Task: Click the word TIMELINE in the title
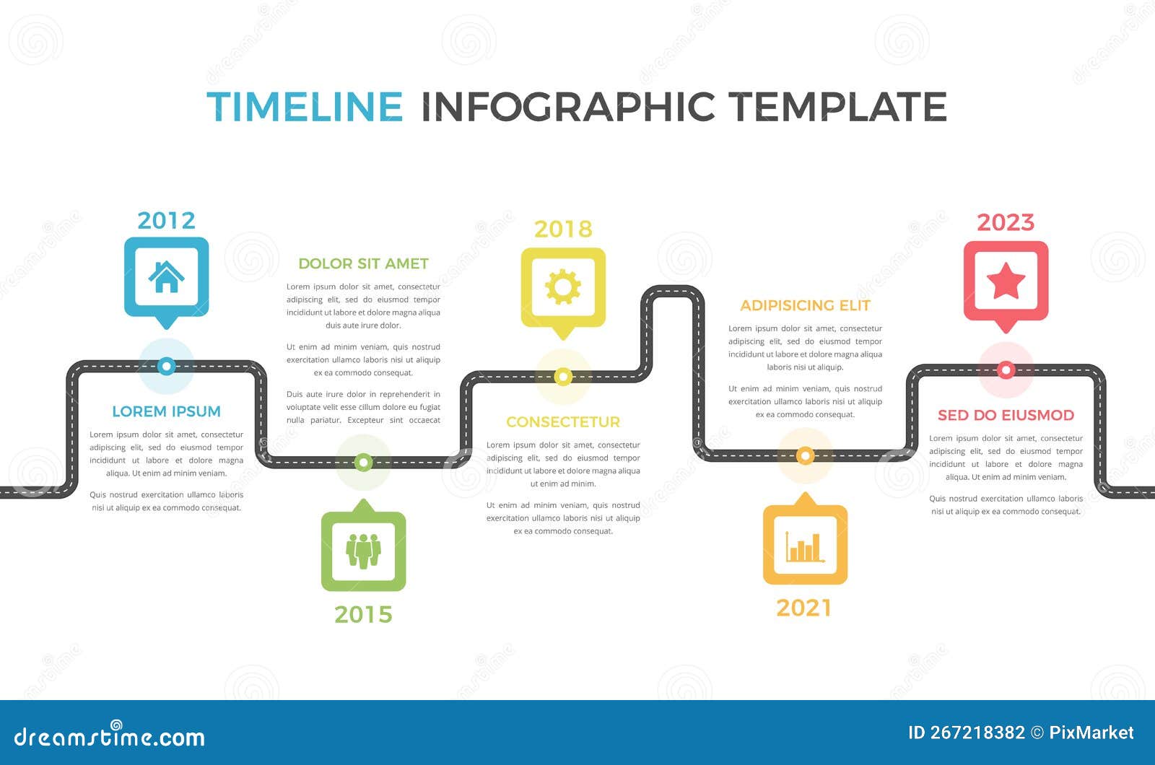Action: pos(304,107)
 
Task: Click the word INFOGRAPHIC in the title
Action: pos(568,107)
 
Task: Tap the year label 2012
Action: pos(166,220)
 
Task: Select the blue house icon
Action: pos(166,276)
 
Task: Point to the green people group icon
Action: pos(363,551)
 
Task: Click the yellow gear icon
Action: pos(563,287)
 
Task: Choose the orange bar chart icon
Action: pos(805,546)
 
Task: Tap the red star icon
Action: pos(1006,281)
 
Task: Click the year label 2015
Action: pos(363,614)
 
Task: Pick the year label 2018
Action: pos(563,229)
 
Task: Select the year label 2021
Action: pos(804,608)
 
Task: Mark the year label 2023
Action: pos(1006,222)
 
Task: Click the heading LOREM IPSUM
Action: pos(166,411)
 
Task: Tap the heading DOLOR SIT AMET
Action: pos(363,263)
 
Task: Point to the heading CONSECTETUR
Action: pos(563,421)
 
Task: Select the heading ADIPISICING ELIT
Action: pos(805,305)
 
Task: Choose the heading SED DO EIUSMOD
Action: pos(1006,415)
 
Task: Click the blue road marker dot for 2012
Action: pos(166,366)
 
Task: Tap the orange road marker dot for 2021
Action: pos(805,455)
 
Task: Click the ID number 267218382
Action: pos(977,733)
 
